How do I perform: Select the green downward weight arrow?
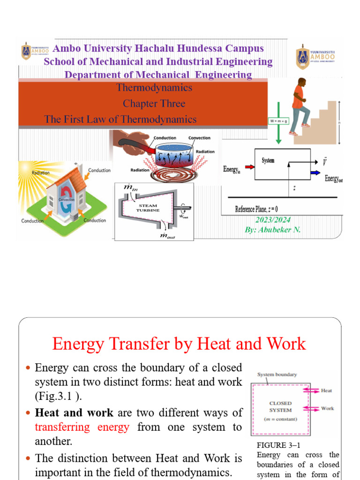[x=278, y=134]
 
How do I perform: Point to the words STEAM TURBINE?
[x=148, y=208]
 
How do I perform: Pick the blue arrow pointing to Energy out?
[x=327, y=172]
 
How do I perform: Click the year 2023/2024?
[x=273, y=220]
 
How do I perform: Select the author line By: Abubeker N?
[x=273, y=230]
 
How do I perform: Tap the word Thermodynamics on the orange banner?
[x=154, y=88]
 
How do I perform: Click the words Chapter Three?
[x=154, y=103]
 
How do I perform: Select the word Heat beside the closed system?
[x=327, y=390]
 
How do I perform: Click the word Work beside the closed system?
[x=327, y=408]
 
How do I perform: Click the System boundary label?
[x=277, y=374]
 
